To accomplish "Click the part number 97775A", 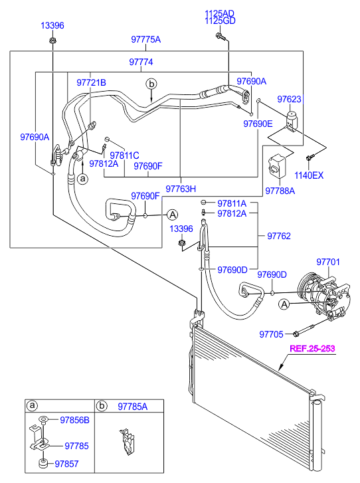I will pos(145,39).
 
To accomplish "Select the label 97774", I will pos(141,62).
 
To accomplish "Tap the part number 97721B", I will pos(91,82).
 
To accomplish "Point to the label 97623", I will pos(290,99).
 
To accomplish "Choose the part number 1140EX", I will pos(309,175).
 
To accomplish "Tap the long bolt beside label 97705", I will pos(309,330).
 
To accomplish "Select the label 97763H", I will pos(181,189).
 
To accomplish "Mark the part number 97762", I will pos(279,235).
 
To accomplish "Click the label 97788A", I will pos(279,190).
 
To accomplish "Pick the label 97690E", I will pos(257,124).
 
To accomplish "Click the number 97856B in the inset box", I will pos(74,420).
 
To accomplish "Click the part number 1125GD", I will pos(221,21).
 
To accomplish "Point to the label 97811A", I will pos(232,203).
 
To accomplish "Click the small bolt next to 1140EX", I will pos(310,158).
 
